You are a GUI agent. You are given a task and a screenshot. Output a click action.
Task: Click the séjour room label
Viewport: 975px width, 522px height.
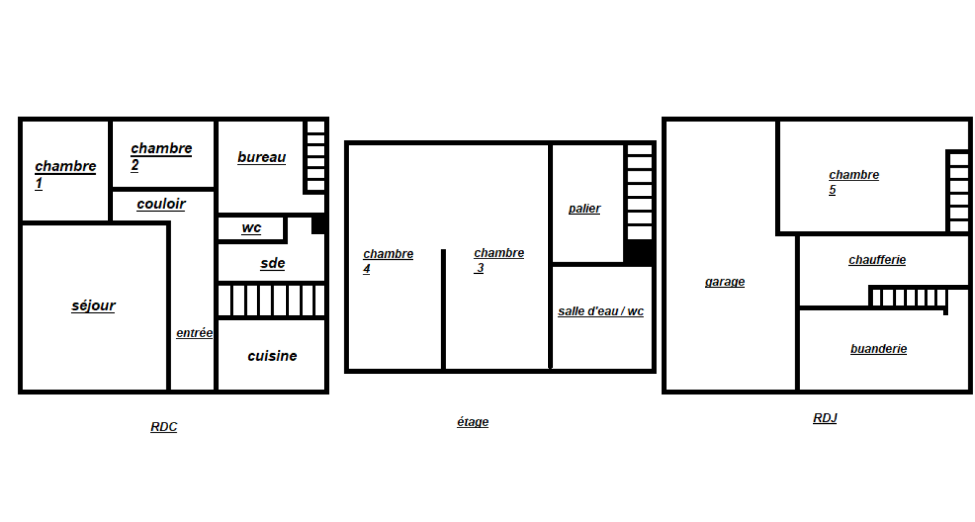click(93, 306)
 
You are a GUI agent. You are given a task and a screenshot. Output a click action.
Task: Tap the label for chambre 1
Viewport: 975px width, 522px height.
click(65, 174)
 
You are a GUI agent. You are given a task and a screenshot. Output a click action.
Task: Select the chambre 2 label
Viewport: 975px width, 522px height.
click(161, 157)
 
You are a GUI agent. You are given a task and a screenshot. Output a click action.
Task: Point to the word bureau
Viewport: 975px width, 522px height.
click(261, 157)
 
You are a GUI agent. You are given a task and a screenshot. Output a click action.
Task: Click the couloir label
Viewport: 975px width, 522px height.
click(161, 204)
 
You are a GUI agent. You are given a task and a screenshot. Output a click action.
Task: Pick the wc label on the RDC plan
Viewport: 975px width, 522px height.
click(251, 228)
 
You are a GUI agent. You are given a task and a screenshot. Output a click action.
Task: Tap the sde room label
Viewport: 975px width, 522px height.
click(272, 263)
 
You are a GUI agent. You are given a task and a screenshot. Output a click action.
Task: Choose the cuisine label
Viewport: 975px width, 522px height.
click(272, 356)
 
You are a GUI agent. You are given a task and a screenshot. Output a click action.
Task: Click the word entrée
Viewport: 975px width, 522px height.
click(194, 333)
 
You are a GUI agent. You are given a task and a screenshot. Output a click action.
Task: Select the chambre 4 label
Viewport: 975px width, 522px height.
click(388, 261)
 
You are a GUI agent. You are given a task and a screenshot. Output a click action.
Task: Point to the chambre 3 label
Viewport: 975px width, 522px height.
click(499, 260)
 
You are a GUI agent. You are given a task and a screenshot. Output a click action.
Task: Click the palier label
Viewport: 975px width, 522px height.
click(584, 209)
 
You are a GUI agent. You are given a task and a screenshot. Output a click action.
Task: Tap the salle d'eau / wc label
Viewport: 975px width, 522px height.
click(601, 311)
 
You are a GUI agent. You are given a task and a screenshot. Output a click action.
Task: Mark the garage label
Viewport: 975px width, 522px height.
click(725, 282)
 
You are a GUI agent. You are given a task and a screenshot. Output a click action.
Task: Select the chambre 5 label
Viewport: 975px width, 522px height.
click(854, 182)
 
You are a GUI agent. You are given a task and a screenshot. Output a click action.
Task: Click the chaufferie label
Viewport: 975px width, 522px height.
click(877, 260)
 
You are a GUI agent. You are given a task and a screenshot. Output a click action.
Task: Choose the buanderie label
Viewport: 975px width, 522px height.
click(879, 349)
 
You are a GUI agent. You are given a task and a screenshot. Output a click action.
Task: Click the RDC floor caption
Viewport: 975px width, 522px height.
click(164, 427)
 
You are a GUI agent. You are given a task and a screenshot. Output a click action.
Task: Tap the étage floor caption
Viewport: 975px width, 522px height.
click(473, 422)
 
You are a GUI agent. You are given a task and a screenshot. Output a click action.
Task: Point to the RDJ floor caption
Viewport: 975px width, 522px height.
click(825, 418)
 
